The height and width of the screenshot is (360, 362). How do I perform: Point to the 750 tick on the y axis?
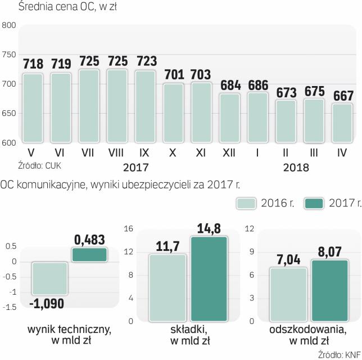click(x=8, y=55)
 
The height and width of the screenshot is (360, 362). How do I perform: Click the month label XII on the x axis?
click(x=230, y=153)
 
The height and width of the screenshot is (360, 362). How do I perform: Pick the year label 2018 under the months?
click(x=296, y=167)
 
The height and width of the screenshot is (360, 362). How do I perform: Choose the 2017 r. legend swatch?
click(x=315, y=203)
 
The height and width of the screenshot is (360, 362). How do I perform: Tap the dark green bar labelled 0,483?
click(x=88, y=255)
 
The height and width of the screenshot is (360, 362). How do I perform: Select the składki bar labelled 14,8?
click(x=209, y=279)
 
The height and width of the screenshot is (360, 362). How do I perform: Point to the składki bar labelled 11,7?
click(x=166, y=287)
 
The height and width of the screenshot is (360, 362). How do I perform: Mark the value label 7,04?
click(x=288, y=260)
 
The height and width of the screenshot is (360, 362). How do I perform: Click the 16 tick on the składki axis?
click(x=128, y=228)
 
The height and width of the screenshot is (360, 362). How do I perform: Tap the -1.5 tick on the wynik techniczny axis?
click(x=10, y=307)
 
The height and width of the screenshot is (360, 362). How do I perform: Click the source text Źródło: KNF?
click(x=340, y=354)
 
